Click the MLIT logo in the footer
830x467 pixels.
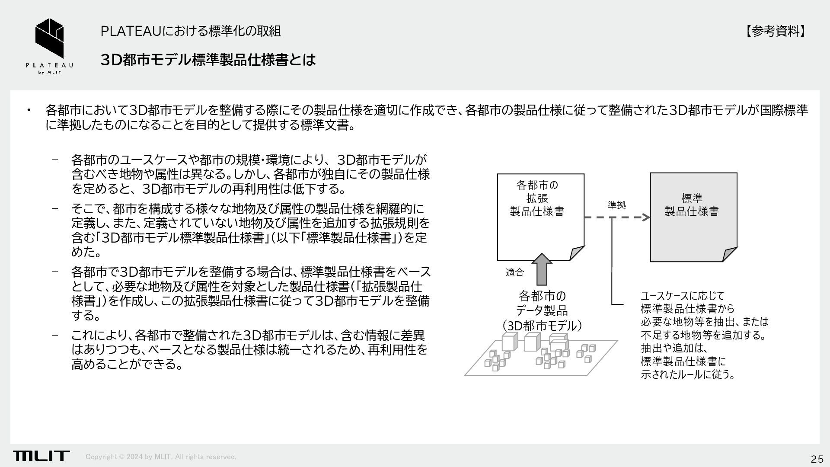(41, 456)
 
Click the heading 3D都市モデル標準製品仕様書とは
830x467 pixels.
(208, 60)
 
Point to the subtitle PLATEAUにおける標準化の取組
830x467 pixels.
(190, 31)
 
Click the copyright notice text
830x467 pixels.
(161, 457)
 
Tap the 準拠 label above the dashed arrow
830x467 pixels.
(616, 205)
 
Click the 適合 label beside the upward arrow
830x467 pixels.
(514, 272)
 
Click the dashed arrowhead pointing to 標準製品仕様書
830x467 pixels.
(645, 217)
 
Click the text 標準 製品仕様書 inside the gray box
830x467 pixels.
(691, 205)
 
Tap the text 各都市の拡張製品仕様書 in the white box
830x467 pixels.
(537, 198)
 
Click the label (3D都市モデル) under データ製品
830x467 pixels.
(542, 325)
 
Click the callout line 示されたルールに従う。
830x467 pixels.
(688, 374)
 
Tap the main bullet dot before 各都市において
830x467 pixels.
(29, 110)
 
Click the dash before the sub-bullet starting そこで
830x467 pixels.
(55, 208)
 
